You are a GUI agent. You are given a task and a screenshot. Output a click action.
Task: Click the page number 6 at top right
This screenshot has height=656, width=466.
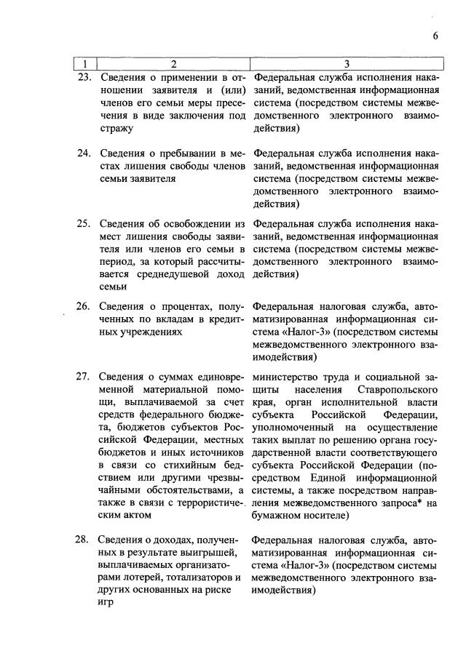coord(435,36)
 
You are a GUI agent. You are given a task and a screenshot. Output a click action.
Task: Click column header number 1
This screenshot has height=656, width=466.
coord(85,64)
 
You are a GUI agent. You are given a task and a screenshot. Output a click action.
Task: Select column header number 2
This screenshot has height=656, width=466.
coord(173,64)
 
